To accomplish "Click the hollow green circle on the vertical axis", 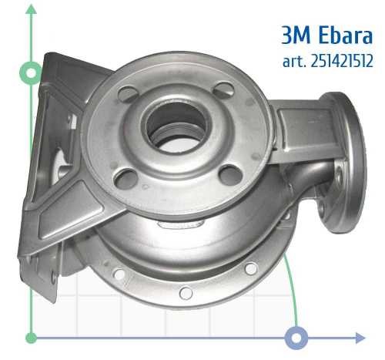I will tap(31, 74).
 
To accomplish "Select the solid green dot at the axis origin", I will tap(31, 338).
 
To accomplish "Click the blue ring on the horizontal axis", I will tap(296, 338).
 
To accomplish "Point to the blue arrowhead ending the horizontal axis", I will tap(360, 338).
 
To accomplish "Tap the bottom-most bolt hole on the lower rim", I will tap(185, 293).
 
